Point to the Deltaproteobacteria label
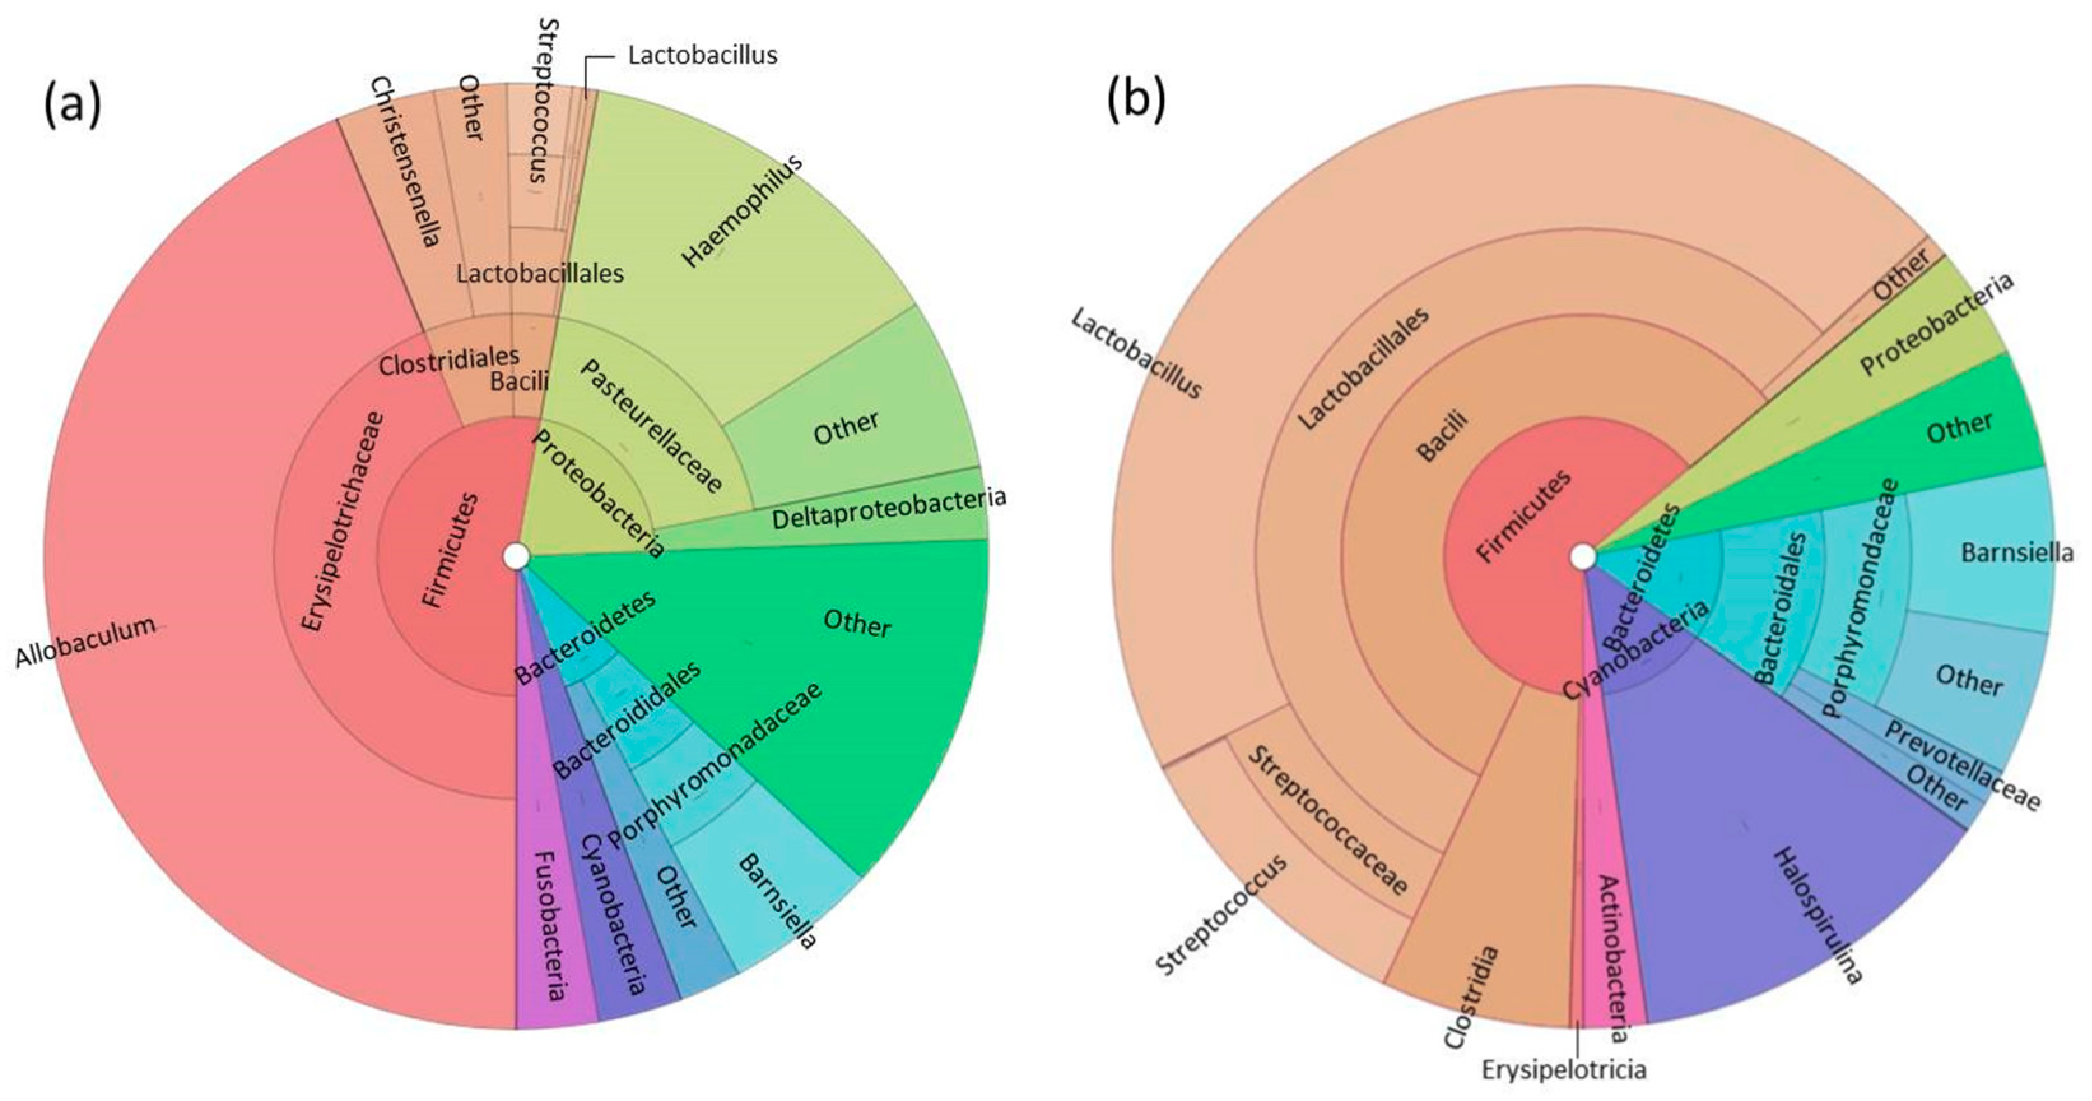click(x=888, y=507)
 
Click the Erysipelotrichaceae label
click(x=343, y=520)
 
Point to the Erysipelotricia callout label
click(x=1564, y=1069)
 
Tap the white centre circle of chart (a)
click(x=516, y=557)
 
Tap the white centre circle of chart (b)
click(x=1582, y=558)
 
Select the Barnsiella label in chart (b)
click(x=2016, y=553)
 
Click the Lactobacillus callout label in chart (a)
click(x=702, y=55)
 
